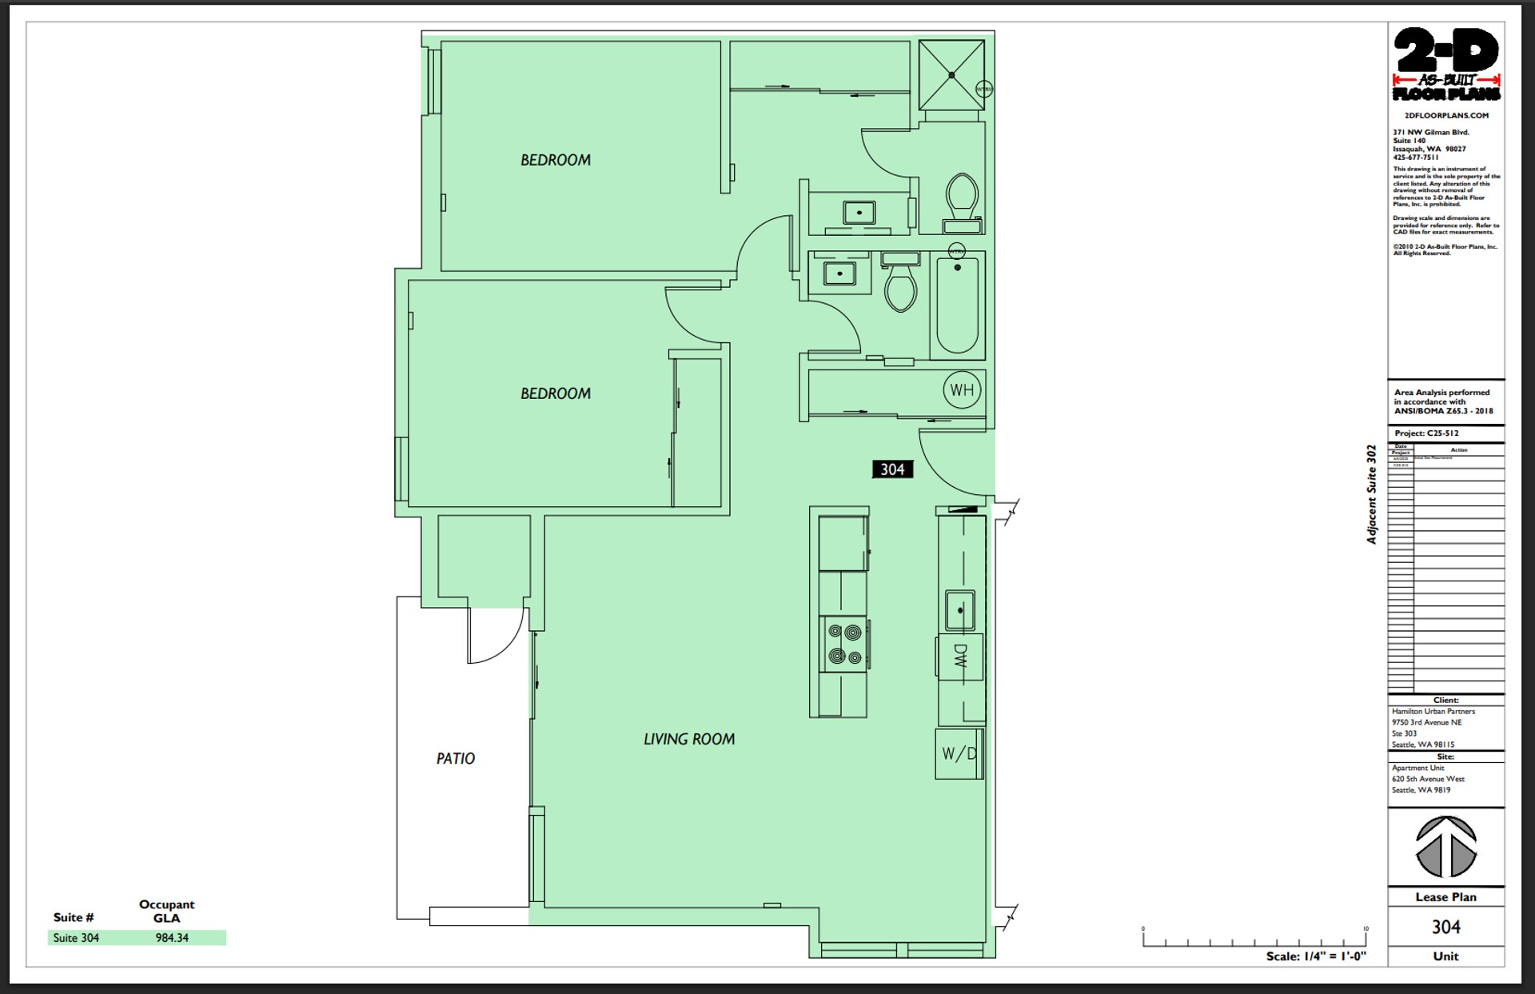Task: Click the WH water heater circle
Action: pos(962,390)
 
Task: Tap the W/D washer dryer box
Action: pos(959,753)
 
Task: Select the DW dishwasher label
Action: pos(960,657)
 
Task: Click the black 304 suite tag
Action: pos(892,469)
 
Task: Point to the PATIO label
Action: pos(456,758)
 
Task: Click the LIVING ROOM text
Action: pos(689,739)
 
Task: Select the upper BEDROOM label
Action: pos(556,160)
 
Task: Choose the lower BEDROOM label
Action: pos(556,393)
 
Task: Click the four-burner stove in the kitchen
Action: pos(844,644)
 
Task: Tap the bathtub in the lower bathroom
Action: pos(958,305)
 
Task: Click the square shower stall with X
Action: pos(951,75)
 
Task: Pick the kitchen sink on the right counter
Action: pos(960,611)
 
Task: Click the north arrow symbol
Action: pos(1446,847)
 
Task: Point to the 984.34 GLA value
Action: pos(172,938)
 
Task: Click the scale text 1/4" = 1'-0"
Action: pos(1316,956)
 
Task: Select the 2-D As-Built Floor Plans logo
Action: pos(1446,65)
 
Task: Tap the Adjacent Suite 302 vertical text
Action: pos(1372,494)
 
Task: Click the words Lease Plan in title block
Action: pos(1445,896)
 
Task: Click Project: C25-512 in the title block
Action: pos(1427,433)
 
